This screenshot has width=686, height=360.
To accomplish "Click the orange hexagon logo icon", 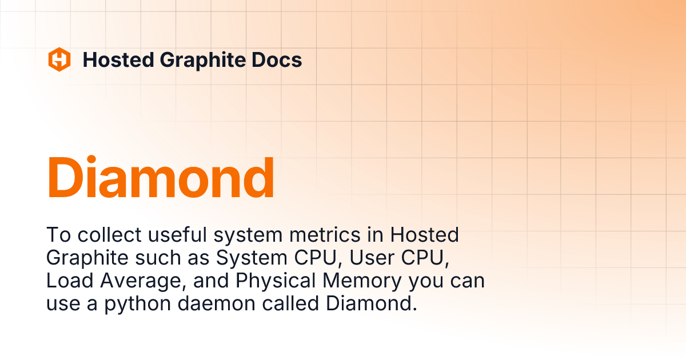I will point(59,59).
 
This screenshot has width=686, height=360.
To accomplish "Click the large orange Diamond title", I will point(161,177).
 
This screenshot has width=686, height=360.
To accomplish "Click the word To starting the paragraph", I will point(57,235).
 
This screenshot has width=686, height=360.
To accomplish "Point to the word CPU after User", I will point(424,258).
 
